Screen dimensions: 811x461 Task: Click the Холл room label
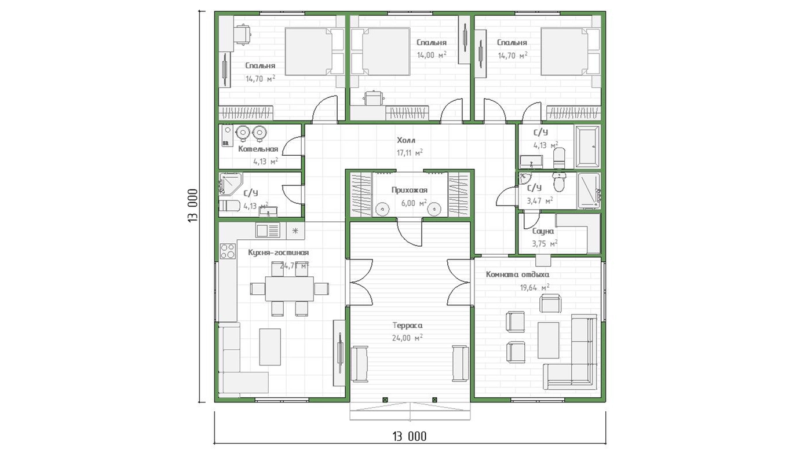[406, 140]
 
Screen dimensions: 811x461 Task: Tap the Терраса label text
[407, 325]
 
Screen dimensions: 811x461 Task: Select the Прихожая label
[409, 190]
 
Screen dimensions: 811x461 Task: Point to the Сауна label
[543, 231]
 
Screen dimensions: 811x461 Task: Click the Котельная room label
[258, 149]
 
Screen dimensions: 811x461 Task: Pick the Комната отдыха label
[517, 275]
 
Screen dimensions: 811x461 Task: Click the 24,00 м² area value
[407, 338]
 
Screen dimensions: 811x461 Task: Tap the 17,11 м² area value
[410, 153]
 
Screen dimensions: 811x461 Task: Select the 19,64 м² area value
[534, 288]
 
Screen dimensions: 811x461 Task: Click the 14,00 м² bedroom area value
[431, 55]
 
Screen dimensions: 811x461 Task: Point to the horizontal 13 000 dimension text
[410, 437]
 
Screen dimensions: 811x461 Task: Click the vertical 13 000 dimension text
[193, 206]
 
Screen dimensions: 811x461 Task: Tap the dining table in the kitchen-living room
[290, 289]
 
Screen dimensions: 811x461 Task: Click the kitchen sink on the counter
[268, 230]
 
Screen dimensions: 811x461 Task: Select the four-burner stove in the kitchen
[228, 251]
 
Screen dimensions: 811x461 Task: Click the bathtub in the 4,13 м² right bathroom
[587, 147]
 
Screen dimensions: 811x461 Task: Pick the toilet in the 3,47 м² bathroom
[560, 182]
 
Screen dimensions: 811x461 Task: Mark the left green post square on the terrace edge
[385, 400]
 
